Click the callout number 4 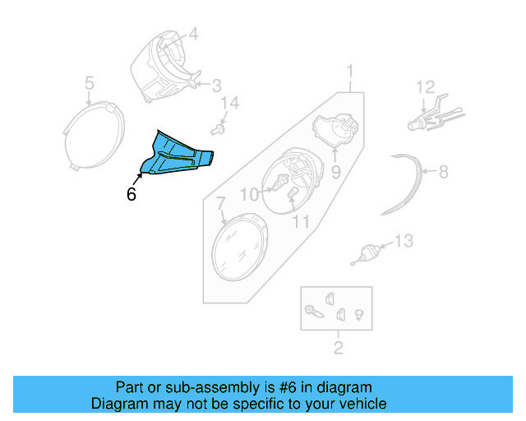coord(194,35)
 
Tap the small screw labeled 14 coord(218,128)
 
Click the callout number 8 coord(443,173)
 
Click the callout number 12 coord(424,86)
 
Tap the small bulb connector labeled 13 coord(367,252)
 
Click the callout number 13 coord(404,242)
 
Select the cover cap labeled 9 coord(336,130)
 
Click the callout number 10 coord(249,194)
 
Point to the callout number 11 coord(301,222)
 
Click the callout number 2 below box coord(337,348)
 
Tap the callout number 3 coord(216,86)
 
